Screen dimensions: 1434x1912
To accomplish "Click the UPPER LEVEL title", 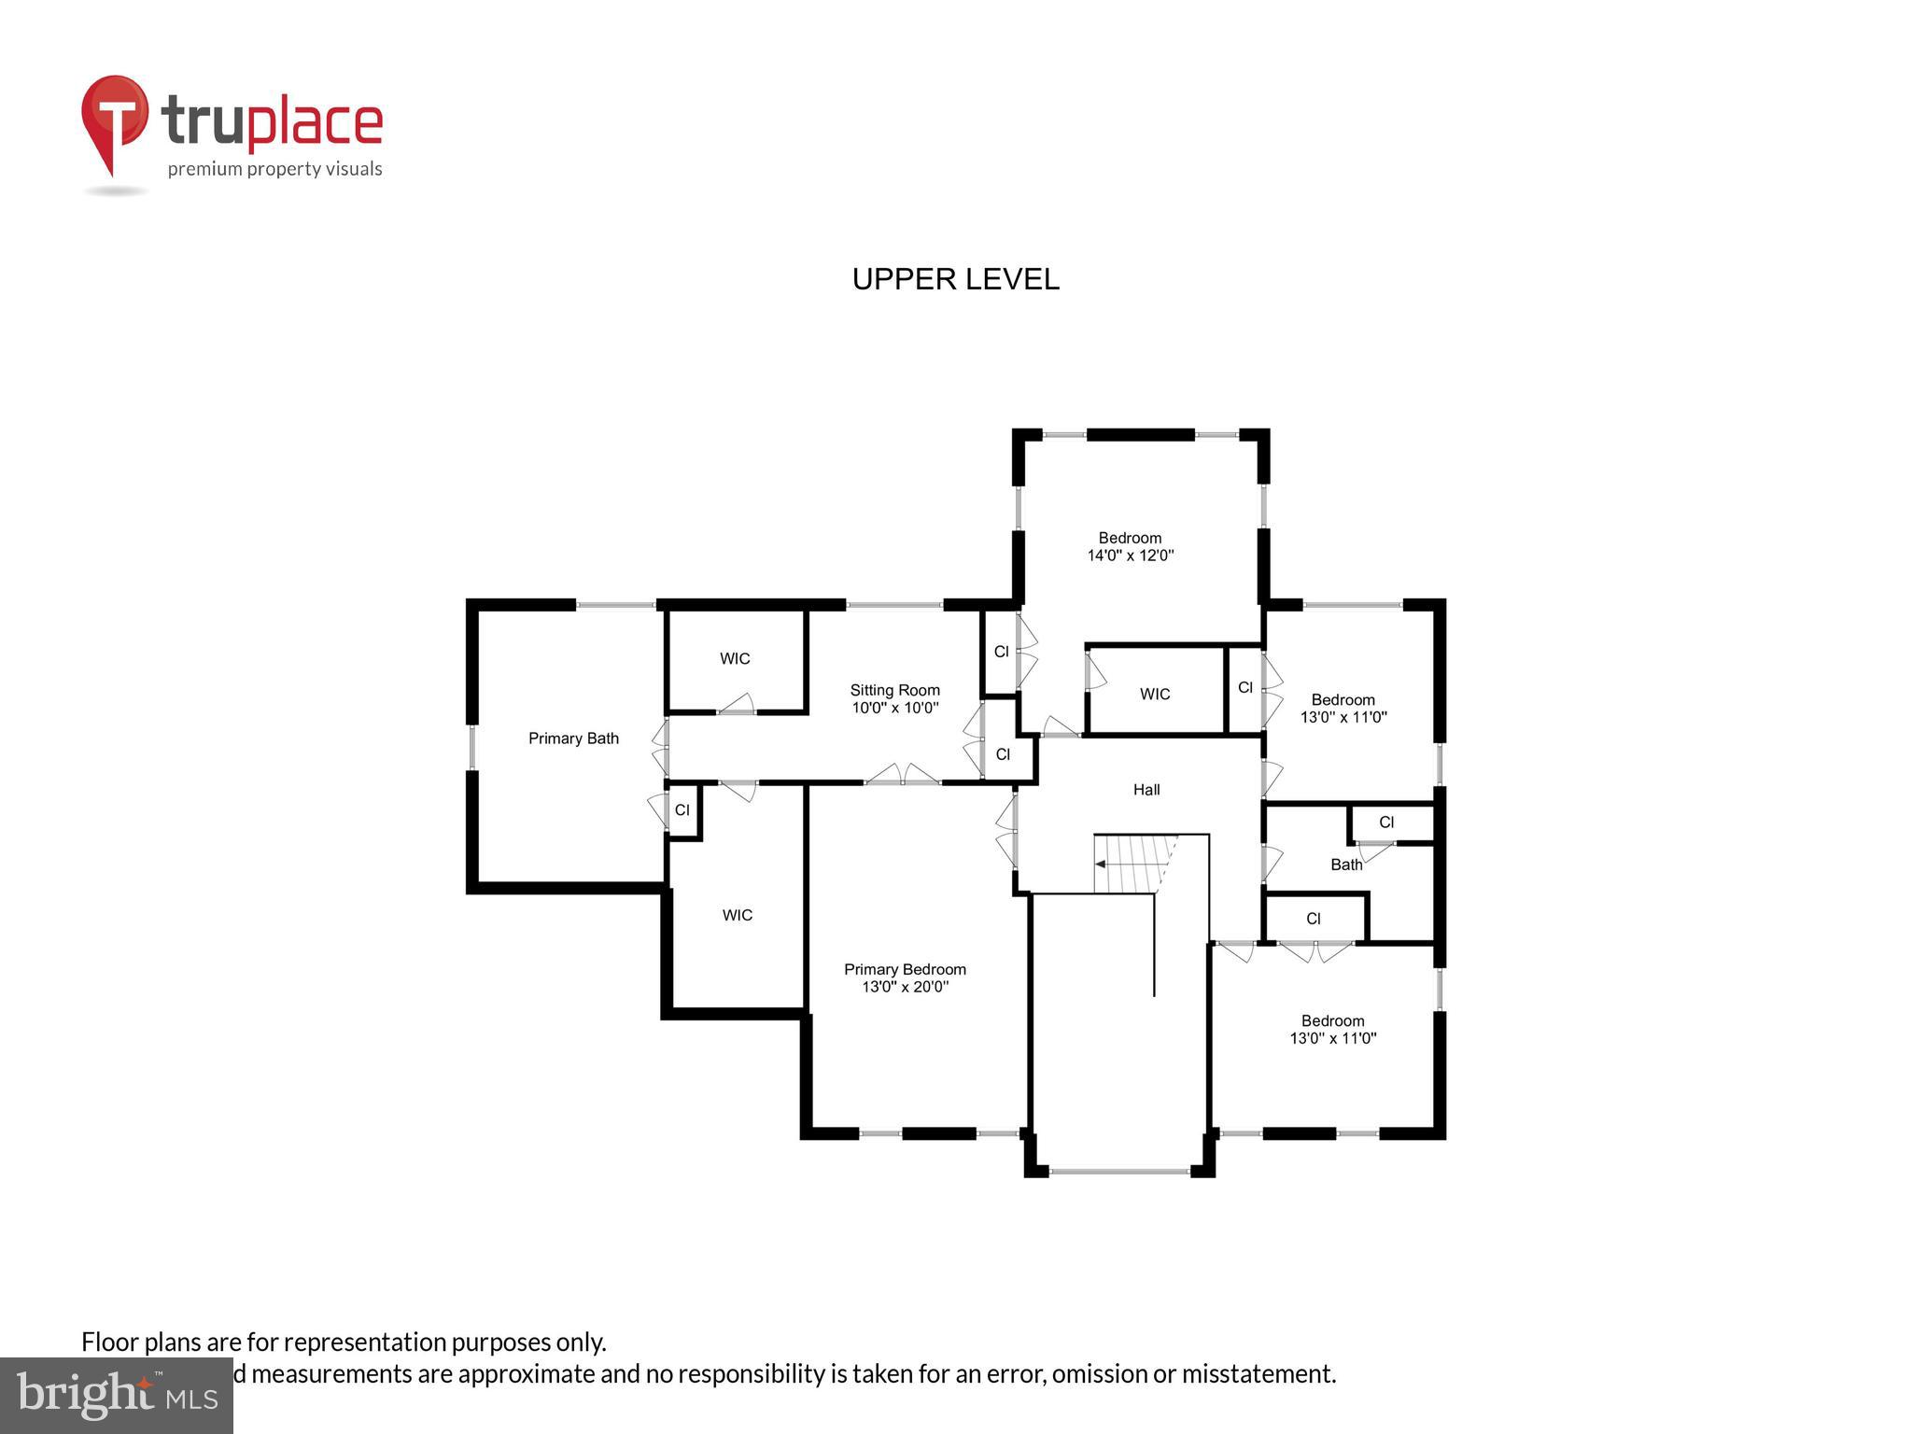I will pyautogui.click(x=955, y=279).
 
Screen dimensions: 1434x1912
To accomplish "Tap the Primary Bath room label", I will pyautogui.click(x=573, y=738).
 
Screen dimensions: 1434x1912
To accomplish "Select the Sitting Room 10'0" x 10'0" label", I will pyautogui.click(x=894, y=699).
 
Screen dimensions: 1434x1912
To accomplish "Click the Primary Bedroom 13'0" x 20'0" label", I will pyautogui.click(x=905, y=977).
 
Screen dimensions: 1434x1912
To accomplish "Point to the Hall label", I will pyautogui.click(x=1146, y=790).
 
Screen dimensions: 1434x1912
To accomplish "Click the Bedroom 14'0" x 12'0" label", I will pyautogui.click(x=1130, y=546).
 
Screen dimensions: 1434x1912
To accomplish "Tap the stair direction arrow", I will pyautogui.click(x=1102, y=865).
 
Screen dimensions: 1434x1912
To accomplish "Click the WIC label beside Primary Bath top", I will pyautogui.click(x=735, y=659).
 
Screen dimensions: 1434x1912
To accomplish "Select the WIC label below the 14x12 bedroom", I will pyautogui.click(x=1155, y=695).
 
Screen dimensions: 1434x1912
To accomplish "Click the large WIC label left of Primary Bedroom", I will pyautogui.click(x=737, y=916).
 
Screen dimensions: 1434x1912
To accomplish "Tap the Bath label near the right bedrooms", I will pyautogui.click(x=1346, y=865).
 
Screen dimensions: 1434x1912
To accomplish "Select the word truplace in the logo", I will pyautogui.click(x=272, y=123).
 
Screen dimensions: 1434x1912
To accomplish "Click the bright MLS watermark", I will pyautogui.click(x=116, y=1396).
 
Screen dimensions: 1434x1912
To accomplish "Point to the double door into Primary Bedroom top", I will pyautogui.click(x=902, y=776).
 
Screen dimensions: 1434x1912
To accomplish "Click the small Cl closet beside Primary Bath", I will pyautogui.click(x=682, y=810).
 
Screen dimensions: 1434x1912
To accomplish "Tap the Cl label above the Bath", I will pyautogui.click(x=1386, y=822).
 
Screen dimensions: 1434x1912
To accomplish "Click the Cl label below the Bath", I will pyautogui.click(x=1314, y=919).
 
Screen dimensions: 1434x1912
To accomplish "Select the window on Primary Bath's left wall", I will pyautogui.click(x=472, y=747).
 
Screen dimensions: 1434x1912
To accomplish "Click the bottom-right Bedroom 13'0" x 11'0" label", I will pyautogui.click(x=1332, y=1030).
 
